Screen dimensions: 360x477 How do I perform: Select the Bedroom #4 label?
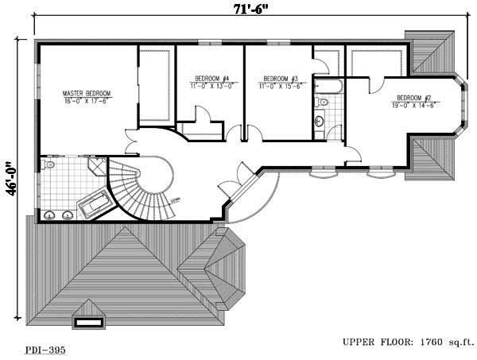click(x=211, y=78)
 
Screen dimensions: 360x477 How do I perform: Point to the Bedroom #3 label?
click(x=280, y=78)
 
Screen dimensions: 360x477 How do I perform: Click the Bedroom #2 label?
click(x=411, y=98)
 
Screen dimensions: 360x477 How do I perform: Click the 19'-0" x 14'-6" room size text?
click(x=411, y=105)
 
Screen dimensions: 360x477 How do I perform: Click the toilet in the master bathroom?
click(x=49, y=165)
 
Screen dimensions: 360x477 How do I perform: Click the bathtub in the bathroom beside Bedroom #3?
click(x=328, y=83)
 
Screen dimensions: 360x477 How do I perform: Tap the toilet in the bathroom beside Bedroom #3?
click(x=323, y=101)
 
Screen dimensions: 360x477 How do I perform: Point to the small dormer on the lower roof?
click(x=88, y=322)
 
